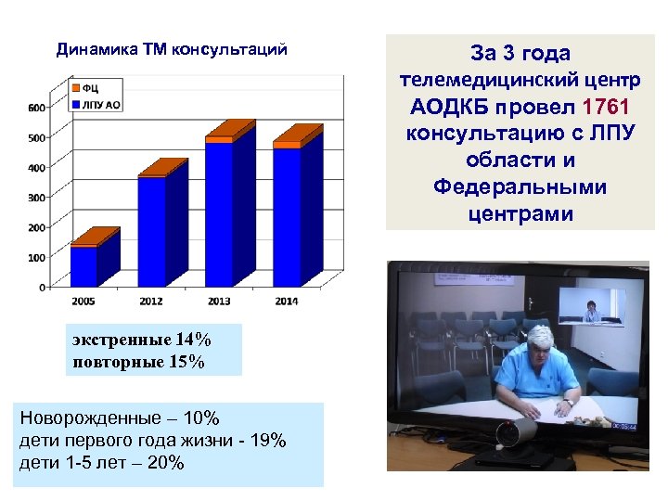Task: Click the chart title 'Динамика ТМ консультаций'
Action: [172, 49]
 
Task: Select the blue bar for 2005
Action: [83, 266]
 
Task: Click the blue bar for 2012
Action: [151, 231]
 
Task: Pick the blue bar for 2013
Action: [219, 214]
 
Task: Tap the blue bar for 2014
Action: [287, 217]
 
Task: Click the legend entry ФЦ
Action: [91, 87]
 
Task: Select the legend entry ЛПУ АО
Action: [100, 104]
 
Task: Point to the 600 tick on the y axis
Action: [36, 109]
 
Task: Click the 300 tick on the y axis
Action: [36, 198]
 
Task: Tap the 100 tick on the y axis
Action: [36, 257]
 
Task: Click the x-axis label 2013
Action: [219, 301]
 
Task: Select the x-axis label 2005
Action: [84, 301]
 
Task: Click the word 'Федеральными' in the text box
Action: [520, 187]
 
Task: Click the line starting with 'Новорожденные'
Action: [120, 420]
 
